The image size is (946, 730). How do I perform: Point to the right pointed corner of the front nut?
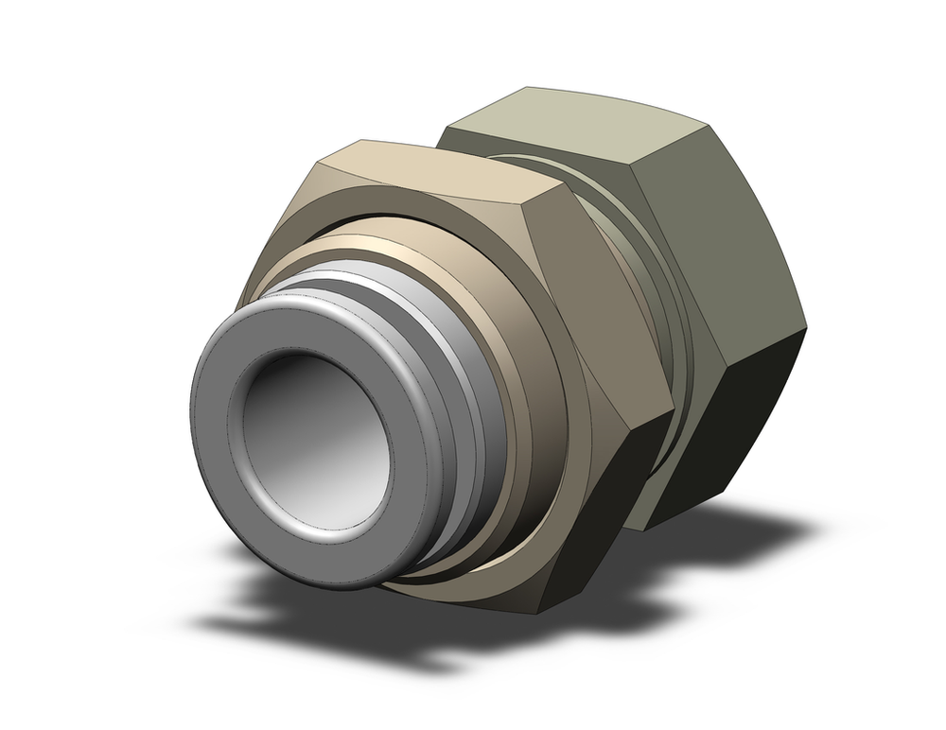[674, 412]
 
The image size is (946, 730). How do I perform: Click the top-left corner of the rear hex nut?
[445, 128]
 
